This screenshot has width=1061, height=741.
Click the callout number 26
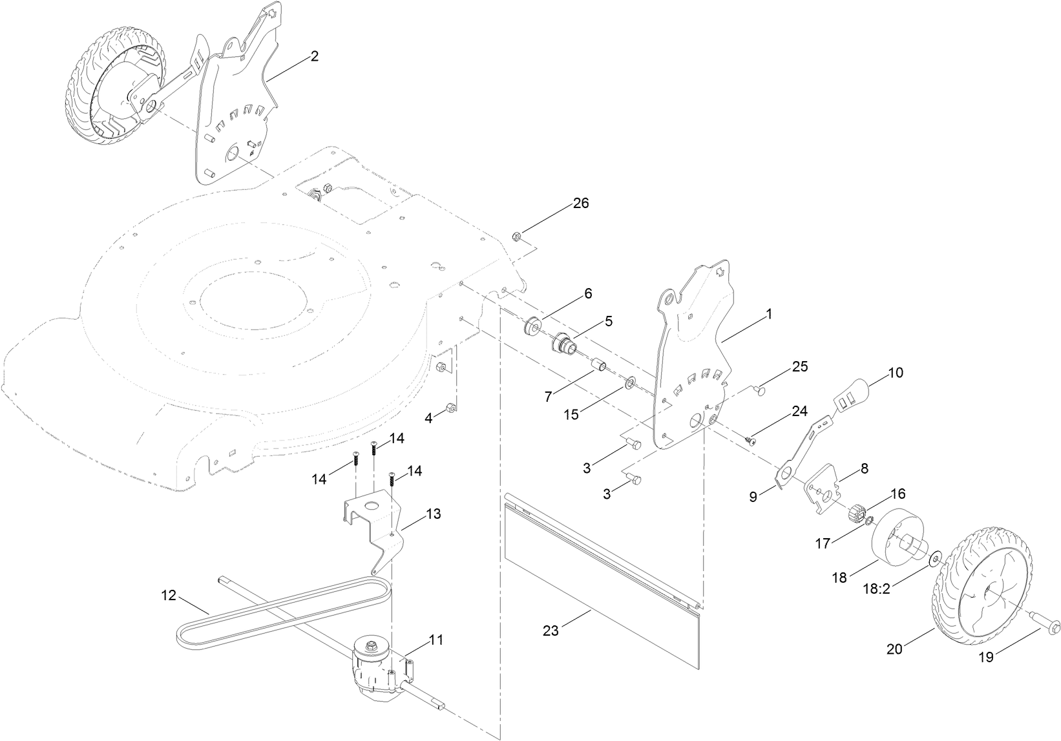click(581, 204)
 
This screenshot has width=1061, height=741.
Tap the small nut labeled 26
click(518, 235)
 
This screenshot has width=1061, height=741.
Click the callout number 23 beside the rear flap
click(551, 631)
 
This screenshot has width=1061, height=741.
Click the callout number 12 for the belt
click(169, 595)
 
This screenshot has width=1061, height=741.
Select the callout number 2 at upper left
click(314, 56)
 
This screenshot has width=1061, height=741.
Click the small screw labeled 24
click(750, 440)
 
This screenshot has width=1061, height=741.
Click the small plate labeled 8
click(824, 489)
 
